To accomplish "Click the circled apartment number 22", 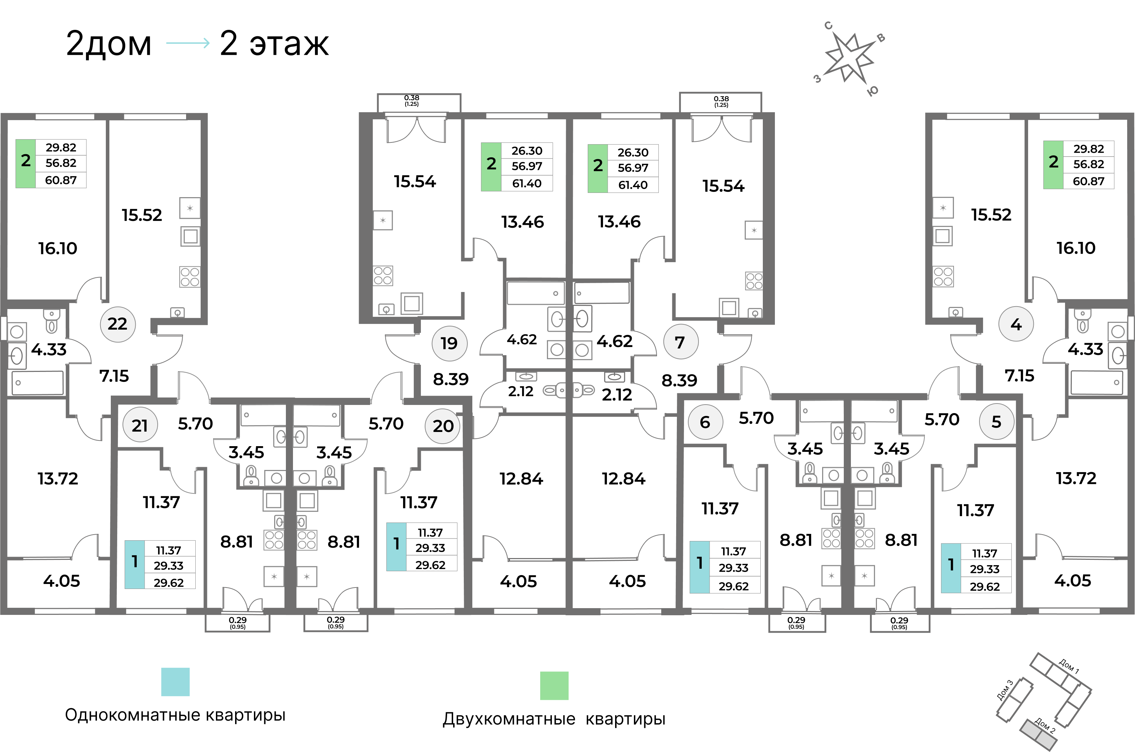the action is (118, 324).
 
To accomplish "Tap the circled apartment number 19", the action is (449, 343).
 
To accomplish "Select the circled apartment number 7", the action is (680, 342).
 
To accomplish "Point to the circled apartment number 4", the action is (1016, 325).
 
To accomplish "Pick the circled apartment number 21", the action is (140, 426).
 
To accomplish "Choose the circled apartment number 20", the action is (442, 426).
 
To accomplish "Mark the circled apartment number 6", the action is (705, 422).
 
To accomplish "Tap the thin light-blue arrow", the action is (188, 43).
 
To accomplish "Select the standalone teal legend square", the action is (175, 682).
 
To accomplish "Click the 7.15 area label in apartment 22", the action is (114, 376).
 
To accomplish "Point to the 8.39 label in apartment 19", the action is (451, 379).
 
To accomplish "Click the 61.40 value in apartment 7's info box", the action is (633, 185).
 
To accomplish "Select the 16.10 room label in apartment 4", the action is (1076, 248).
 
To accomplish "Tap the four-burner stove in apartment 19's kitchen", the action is (383, 276).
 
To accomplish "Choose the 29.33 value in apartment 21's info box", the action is (169, 566).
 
